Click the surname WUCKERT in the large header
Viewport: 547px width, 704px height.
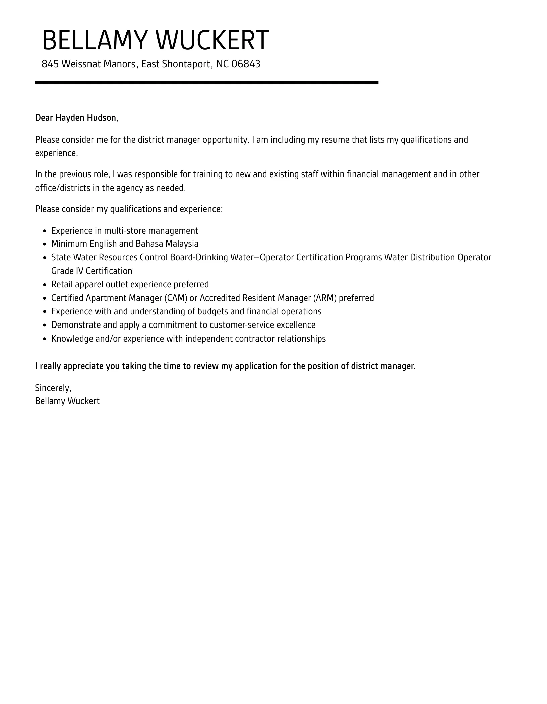[x=212, y=41]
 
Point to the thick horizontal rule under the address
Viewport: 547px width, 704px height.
[x=206, y=82]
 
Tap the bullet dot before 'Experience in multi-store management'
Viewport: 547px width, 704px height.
[x=45, y=231]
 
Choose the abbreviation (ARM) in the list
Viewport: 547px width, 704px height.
[x=325, y=298]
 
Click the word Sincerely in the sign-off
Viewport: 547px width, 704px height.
[x=53, y=388]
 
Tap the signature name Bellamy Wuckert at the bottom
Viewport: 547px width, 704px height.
[x=67, y=401]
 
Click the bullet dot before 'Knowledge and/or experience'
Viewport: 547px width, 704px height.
[x=45, y=339]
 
